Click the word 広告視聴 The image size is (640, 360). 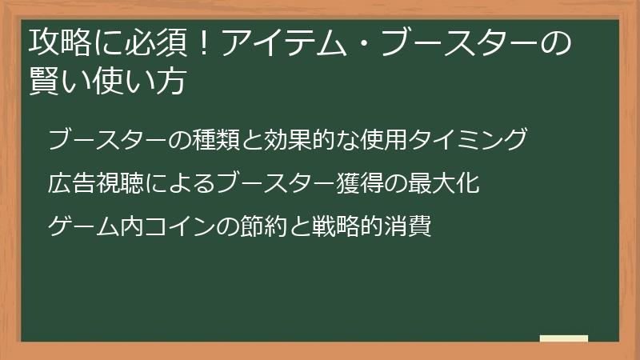tap(90, 183)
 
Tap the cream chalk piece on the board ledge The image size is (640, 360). tap(564, 338)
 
